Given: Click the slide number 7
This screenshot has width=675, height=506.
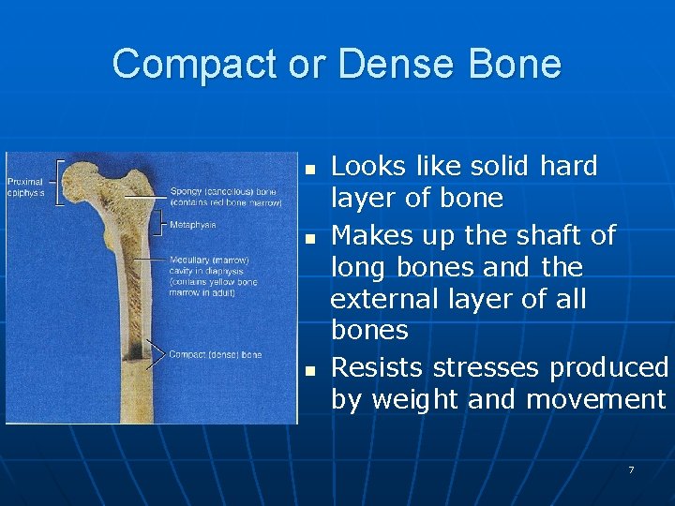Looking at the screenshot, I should (631, 469).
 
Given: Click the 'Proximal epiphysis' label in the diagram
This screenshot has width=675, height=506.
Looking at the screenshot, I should (26, 186).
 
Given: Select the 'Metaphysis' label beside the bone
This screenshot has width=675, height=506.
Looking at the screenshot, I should (193, 225).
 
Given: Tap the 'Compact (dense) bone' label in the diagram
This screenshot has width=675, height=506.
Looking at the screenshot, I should (216, 354).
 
